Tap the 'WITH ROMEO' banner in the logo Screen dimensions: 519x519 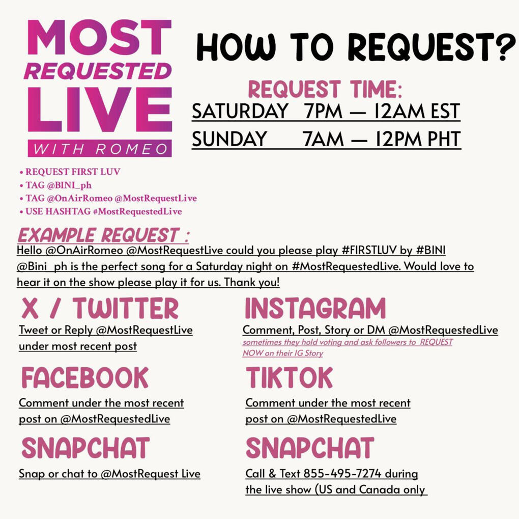tap(100, 149)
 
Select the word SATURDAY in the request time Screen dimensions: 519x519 tap(240, 111)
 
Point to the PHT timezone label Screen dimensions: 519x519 tap(444, 139)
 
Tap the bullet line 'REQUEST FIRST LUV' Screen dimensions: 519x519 tap(70, 172)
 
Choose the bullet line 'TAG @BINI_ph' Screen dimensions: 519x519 tap(55, 185)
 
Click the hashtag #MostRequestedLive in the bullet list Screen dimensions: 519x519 tap(137, 211)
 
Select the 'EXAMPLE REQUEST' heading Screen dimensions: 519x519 tap(103, 235)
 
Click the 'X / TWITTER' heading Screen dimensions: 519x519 tap(100, 308)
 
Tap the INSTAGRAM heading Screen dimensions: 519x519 tap(315, 308)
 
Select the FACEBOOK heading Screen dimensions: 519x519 tap(85, 377)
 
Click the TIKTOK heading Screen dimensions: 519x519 tap(290, 377)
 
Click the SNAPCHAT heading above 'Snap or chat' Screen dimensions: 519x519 tap(85, 448)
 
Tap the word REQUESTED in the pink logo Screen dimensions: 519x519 tap(98, 71)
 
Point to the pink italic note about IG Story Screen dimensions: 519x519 tap(348, 347)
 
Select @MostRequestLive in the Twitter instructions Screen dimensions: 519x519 tap(144, 330)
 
